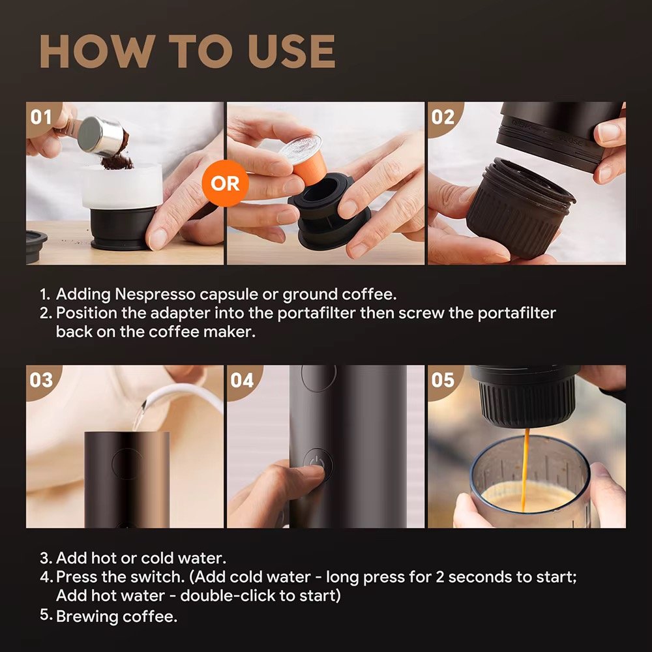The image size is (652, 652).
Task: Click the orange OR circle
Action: (225, 183)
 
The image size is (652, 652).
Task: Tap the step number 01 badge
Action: (41, 117)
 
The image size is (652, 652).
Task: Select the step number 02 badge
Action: (443, 117)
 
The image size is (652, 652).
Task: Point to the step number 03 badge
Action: (41, 379)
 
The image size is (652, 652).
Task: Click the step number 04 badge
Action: (241, 379)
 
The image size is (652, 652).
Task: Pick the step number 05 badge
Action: (443, 379)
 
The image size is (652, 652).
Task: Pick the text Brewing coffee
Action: (117, 617)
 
